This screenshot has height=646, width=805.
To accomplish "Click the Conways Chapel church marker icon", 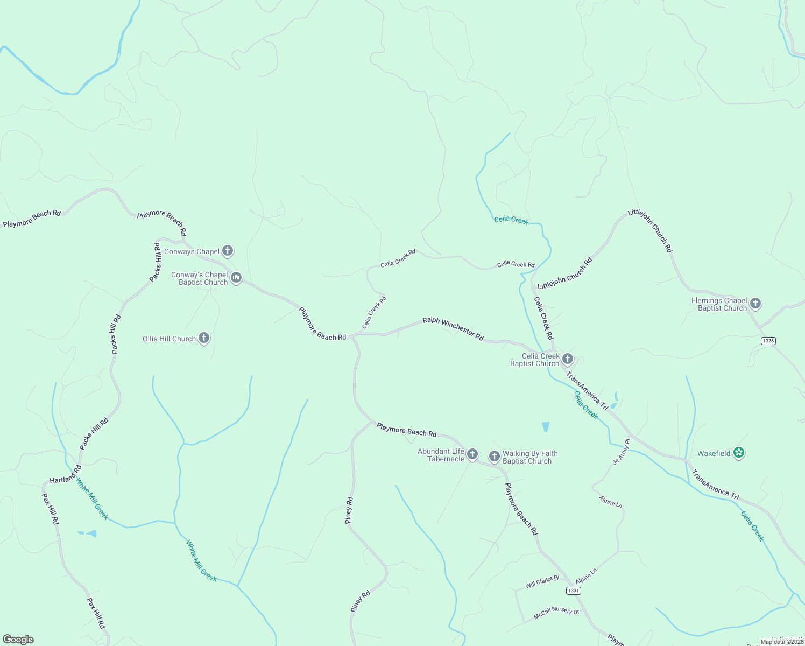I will (x=228, y=250).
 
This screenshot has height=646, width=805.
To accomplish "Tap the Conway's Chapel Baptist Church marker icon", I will (x=236, y=278).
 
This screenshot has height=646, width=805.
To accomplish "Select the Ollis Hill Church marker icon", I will (x=204, y=338).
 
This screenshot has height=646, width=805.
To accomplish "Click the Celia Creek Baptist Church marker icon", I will (x=567, y=359).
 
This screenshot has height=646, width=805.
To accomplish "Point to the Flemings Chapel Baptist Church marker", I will (x=755, y=304).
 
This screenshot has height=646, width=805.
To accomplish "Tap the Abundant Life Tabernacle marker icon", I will (x=472, y=454).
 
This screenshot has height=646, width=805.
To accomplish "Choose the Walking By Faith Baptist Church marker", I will (x=494, y=457).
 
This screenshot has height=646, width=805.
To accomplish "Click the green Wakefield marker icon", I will (x=739, y=453).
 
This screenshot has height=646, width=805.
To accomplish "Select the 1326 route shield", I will (x=768, y=341).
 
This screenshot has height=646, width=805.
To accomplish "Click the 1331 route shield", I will (x=573, y=591).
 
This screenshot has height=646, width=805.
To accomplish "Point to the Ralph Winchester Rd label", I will (x=453, y=328).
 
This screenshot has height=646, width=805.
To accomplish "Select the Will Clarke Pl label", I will (x=542, y=582).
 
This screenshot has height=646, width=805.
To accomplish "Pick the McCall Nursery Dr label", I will (x=556, y=613).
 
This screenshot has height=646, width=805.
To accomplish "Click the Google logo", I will (x=18, y=640).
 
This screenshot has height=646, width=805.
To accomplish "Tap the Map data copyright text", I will (x=781, y=642).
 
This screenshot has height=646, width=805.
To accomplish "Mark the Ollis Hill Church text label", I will (x=169, y=339).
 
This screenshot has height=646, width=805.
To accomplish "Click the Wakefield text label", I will (x=714, y=453).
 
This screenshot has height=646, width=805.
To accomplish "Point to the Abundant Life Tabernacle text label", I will (x=441, y=455).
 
